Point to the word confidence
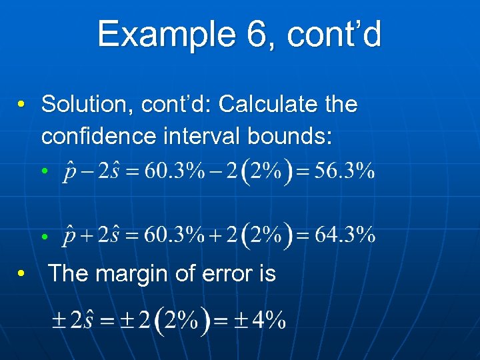tap(97, 136)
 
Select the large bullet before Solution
tap(22, 105)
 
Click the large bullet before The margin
tap(22, 274)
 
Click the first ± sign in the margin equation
tap(60, 321)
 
